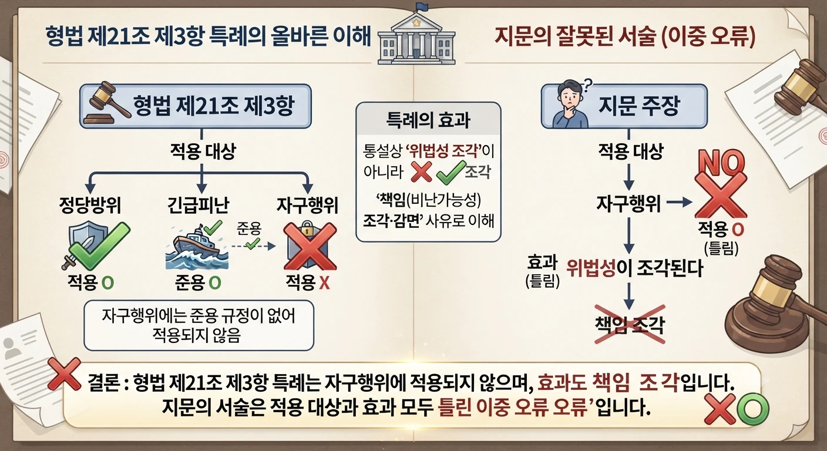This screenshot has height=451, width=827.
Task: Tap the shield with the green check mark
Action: pos(95,246)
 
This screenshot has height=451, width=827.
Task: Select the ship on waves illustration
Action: pos(196,245)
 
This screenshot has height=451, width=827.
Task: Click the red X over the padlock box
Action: pos(310,246)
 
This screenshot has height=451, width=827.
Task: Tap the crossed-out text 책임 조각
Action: pos(630,325)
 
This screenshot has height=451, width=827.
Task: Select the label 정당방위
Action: pos(90,205)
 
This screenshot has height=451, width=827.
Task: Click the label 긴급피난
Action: pos(199,205)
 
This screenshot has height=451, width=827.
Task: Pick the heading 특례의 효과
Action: pos(428,120)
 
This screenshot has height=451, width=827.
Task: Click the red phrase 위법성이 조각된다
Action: pos(634,268)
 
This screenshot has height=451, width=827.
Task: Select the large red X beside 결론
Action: pos(64,374)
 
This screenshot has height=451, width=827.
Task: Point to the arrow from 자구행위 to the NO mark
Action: pos(680,202)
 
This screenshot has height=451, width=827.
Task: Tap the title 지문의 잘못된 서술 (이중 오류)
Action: pos(624,36)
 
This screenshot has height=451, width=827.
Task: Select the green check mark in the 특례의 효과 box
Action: pos(451,172)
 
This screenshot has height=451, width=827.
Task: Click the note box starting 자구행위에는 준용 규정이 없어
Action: pos(199,325)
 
